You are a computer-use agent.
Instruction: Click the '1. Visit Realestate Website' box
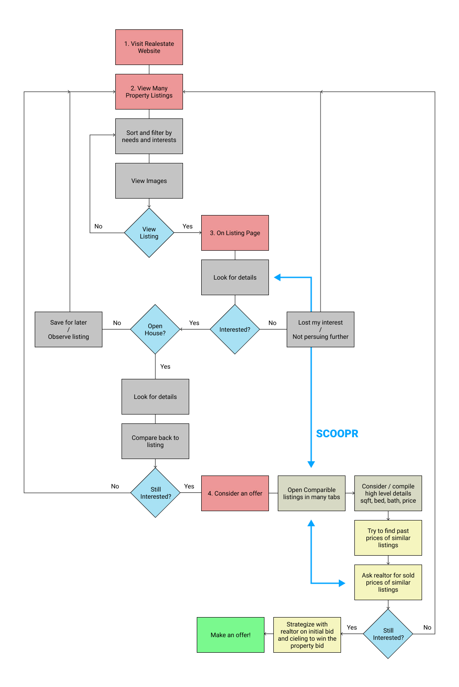[149, 47]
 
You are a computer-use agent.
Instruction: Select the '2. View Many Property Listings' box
[149, 92]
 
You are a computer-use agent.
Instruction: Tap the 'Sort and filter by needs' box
[149, 136]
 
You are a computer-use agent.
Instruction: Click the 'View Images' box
[149, 181]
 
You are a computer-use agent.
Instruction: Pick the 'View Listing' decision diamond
[149, 233]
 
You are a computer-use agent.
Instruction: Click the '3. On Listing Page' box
[235, 233]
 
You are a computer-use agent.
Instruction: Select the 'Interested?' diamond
[235, 329]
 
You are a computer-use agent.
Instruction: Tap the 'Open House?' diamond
[155, 329]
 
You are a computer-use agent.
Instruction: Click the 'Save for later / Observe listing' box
[69, 329]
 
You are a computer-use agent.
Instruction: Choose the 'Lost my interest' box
[320, 329]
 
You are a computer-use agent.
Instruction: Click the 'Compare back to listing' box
[155, 441]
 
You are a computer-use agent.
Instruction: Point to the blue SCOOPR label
[337, 434]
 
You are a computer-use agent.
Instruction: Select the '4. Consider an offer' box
[235, 493]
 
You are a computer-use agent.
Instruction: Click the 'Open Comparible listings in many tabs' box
[311, 493]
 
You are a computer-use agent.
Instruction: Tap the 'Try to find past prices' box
[388, 538]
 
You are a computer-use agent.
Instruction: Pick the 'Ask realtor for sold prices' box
[388, 582]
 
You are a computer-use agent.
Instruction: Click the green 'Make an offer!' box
[230, 635]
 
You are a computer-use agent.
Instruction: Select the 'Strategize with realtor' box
[307, 635]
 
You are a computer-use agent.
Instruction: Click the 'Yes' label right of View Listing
[187, 226]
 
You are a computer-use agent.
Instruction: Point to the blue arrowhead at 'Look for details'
[277, 277]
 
